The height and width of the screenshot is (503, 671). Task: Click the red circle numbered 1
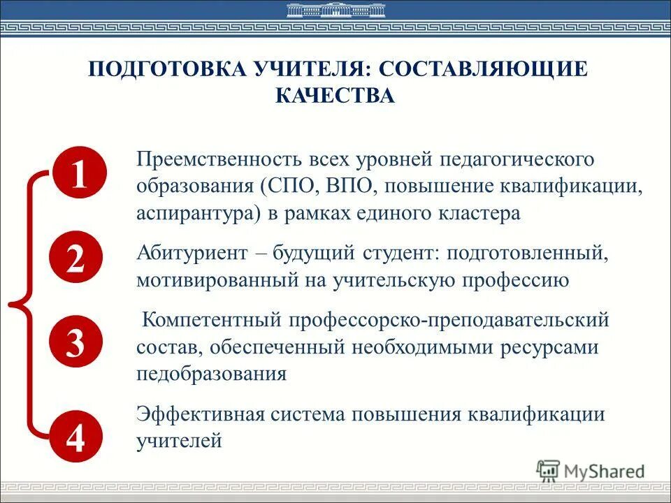(78, 173)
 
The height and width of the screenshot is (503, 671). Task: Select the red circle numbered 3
(77, 342)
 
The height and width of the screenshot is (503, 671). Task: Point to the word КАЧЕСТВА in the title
(335, 95)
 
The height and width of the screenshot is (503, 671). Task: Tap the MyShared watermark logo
(591, 470)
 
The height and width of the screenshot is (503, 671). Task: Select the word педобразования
(212, 373)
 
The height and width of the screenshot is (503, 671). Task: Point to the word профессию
(525, 279)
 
